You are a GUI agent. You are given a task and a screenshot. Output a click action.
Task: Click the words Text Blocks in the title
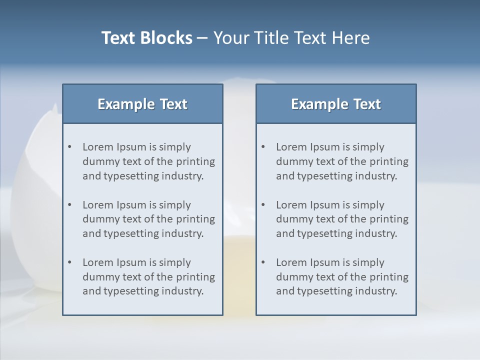click(146, 38)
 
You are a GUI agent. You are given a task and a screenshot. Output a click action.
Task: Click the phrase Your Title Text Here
click(291, 38)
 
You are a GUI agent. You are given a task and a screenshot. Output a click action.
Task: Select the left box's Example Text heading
click(142, 104)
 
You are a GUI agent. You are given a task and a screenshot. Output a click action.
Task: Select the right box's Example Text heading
click(336, 104)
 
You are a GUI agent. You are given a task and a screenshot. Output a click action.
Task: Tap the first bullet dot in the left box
click(69, 147)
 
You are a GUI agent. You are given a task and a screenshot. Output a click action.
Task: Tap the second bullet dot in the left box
click(69, 205)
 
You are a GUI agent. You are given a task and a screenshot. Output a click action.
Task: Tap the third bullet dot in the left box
click(69, 262)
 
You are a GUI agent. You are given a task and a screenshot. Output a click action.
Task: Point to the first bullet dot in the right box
click(263, 147)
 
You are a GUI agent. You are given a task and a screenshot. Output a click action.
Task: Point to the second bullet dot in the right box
click(263, 205)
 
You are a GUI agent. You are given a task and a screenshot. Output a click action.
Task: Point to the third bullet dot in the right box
click(263, 262)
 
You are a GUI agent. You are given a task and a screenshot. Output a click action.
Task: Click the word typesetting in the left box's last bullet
click(131, 291)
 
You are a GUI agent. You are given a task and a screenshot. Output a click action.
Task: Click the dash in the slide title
click(202, 38)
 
